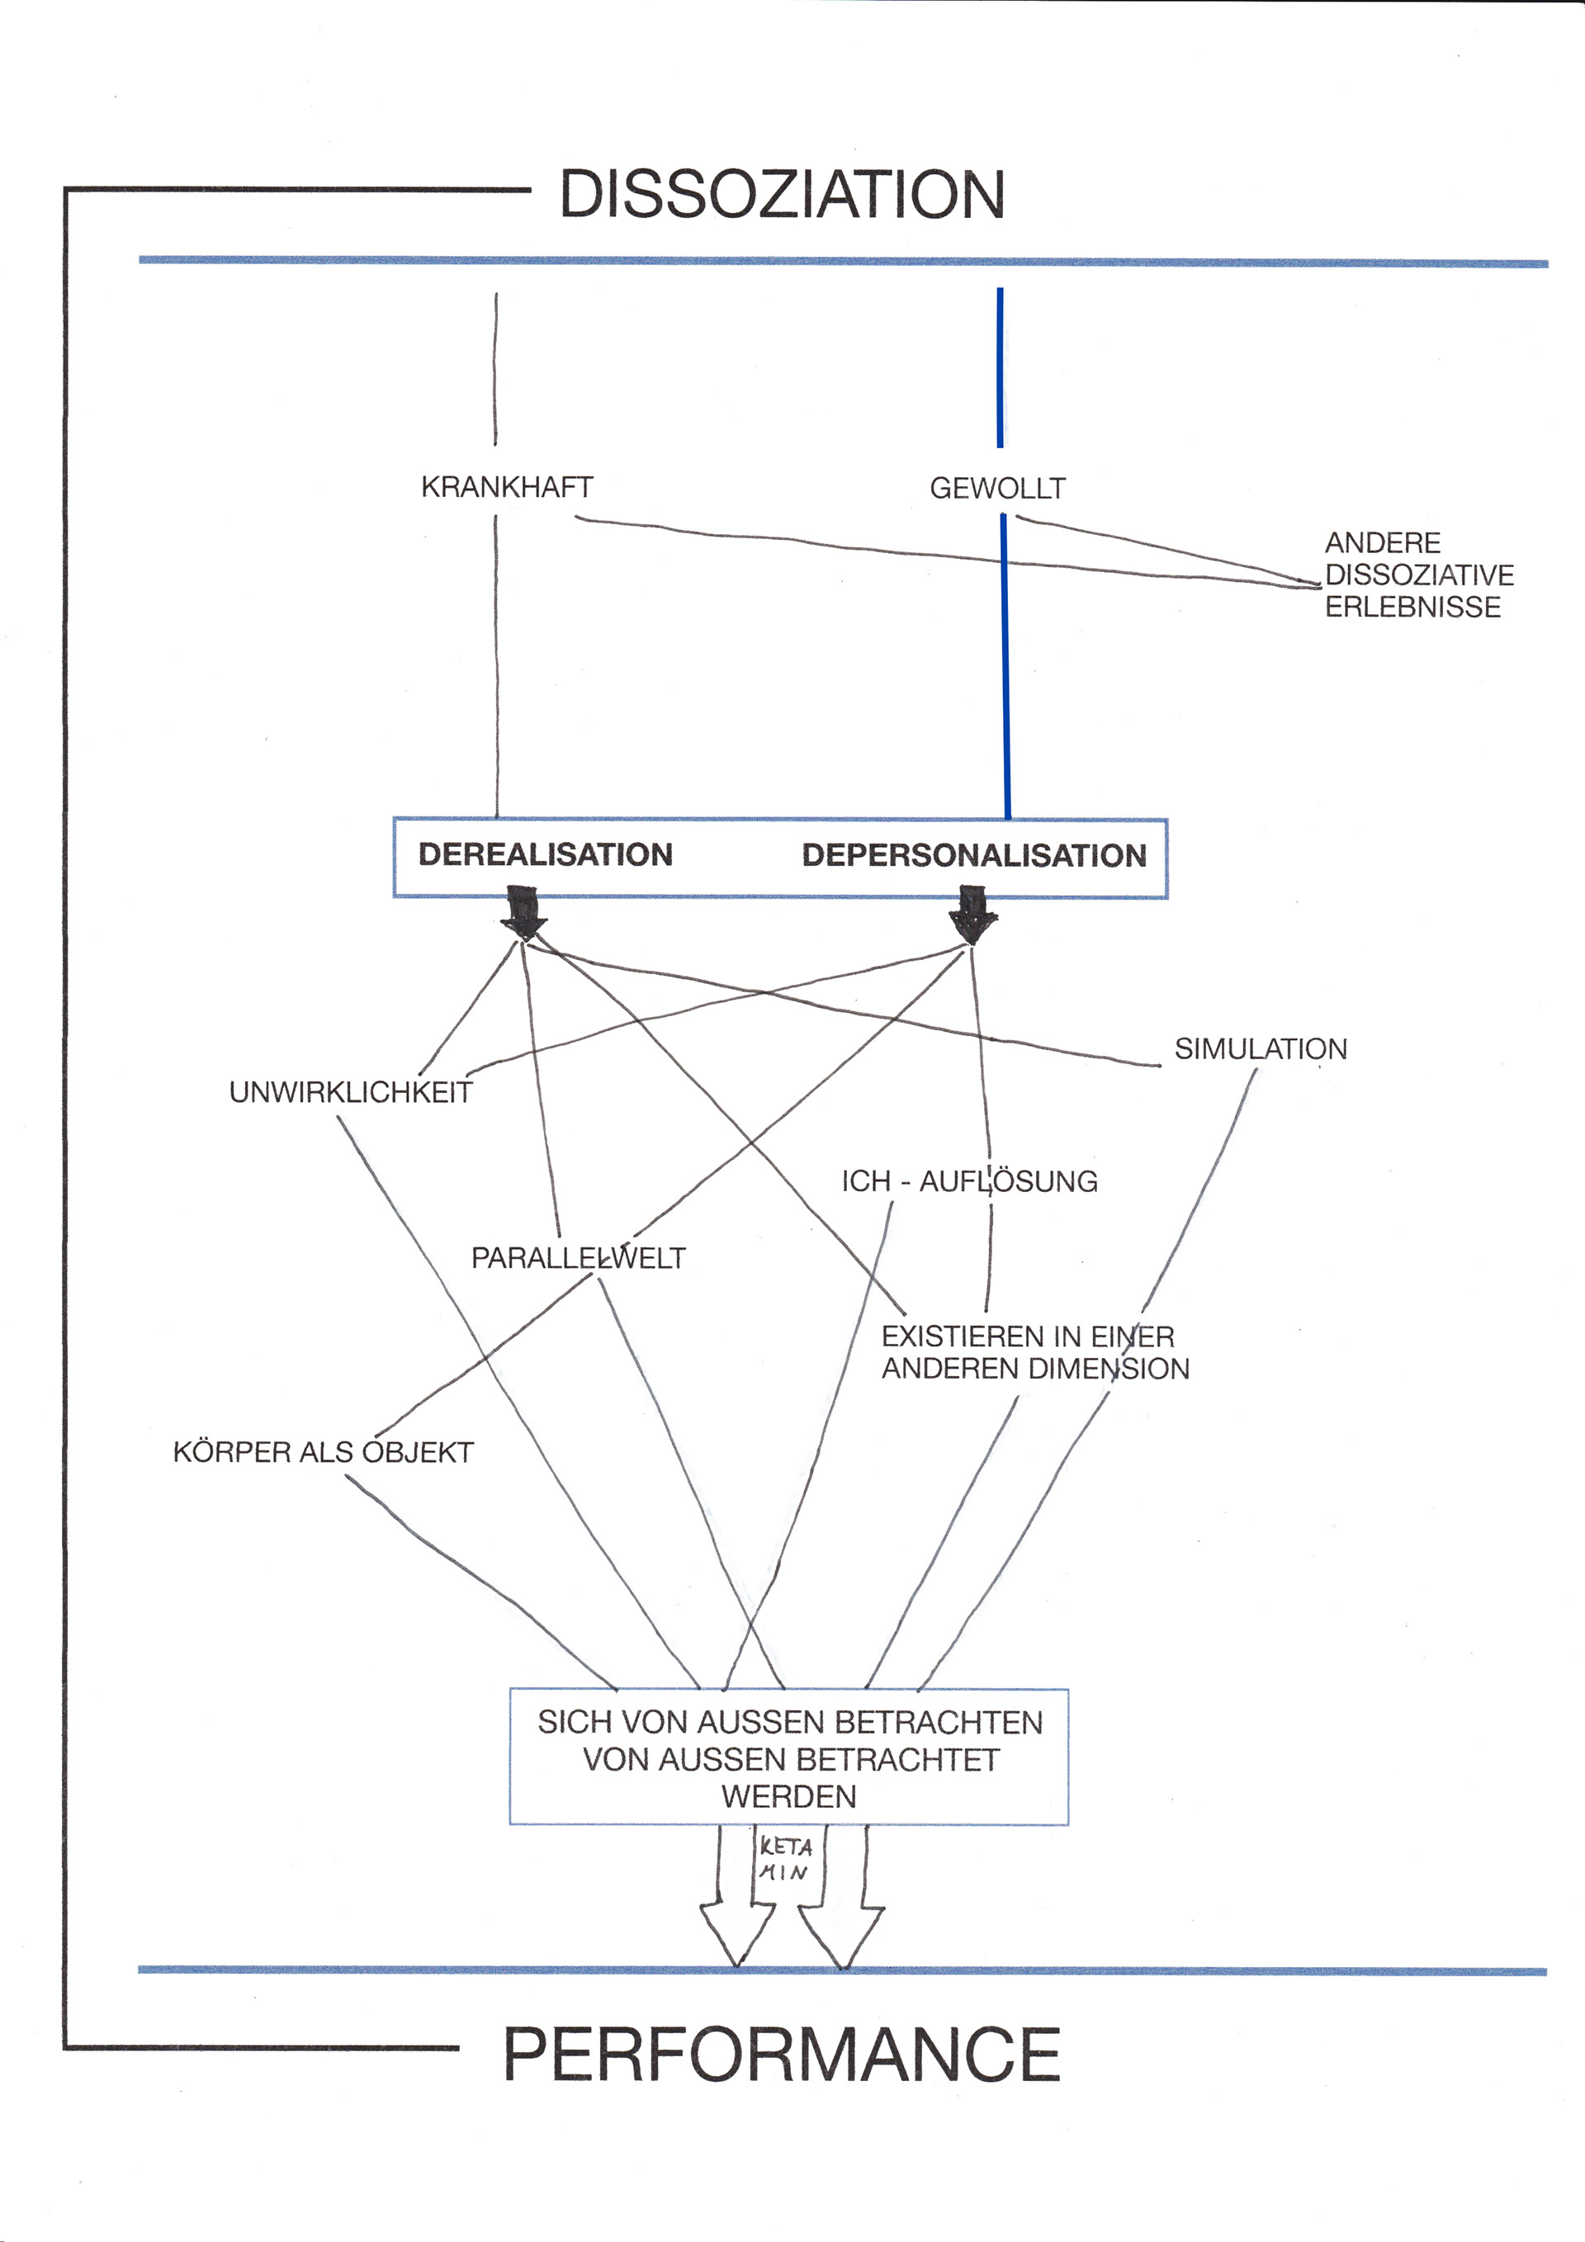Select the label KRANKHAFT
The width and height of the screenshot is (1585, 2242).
click(507, 486)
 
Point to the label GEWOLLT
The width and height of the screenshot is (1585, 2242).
click(997, 487)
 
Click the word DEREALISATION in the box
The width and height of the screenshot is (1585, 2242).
click(545, 854)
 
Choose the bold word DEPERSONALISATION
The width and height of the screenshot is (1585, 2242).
click(973, 855)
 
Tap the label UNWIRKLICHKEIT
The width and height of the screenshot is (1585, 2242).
click(351, 1092)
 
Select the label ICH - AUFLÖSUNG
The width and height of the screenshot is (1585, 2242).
click(969, 1180)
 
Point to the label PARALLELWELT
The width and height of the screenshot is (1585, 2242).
click(578, 1258)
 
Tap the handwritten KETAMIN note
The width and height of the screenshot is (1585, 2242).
click(785, 1859)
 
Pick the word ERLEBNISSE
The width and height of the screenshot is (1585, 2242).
click(1412, 607)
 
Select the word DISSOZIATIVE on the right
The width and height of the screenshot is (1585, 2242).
click(1419, 575)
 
